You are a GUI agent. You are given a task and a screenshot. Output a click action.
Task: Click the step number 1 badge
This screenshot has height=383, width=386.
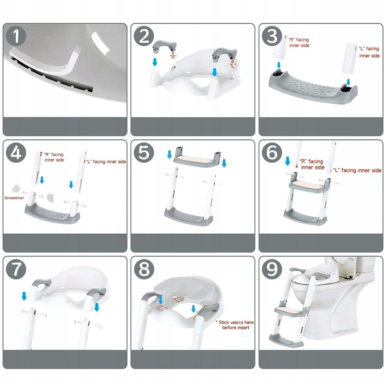(16, 36)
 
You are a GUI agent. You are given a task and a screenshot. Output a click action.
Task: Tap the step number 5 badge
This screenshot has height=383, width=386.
(144, 152)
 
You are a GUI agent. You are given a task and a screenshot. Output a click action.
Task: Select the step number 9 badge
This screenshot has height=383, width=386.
(272, 269)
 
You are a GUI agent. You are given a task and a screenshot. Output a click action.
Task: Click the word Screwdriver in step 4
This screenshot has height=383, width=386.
(14, 198)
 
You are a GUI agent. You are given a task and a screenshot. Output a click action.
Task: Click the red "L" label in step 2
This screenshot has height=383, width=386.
(233, 65)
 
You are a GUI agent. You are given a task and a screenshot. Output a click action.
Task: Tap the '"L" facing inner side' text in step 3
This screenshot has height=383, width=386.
(369, 52)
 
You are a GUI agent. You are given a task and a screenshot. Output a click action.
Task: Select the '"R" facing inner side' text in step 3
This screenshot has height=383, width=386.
(299, 42)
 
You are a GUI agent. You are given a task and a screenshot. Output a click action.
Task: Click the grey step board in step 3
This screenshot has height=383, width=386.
(313, 88)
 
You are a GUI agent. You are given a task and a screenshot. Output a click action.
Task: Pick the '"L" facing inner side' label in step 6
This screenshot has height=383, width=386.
(357, 170)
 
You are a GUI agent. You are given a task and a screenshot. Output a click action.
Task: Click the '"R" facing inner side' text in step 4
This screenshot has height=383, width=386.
(54, 157)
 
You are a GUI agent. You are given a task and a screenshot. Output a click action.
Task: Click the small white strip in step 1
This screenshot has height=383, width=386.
(100, 43)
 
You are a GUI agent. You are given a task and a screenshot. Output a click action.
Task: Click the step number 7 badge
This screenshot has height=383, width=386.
(16, 269)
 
